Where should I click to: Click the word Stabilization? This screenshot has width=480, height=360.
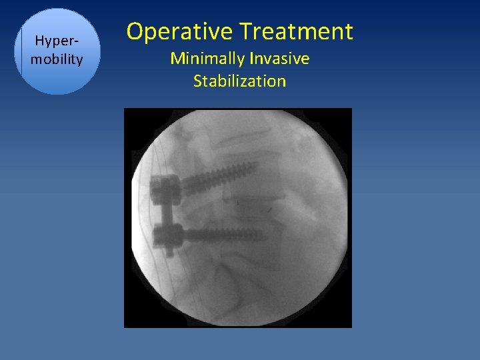(239, 81)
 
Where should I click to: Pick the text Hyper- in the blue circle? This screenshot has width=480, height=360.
(57, 41)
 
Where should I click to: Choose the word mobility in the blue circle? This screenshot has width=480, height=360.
(57, 59)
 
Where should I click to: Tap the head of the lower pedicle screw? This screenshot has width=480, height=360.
(167, 235)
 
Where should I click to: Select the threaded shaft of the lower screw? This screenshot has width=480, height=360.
(223, 235)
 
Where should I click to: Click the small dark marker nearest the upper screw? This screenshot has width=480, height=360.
(239, 200)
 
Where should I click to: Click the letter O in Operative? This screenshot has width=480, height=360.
(135, 31)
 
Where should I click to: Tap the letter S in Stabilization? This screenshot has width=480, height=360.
(198, 81)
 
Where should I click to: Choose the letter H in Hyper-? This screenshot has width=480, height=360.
(39, 41)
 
